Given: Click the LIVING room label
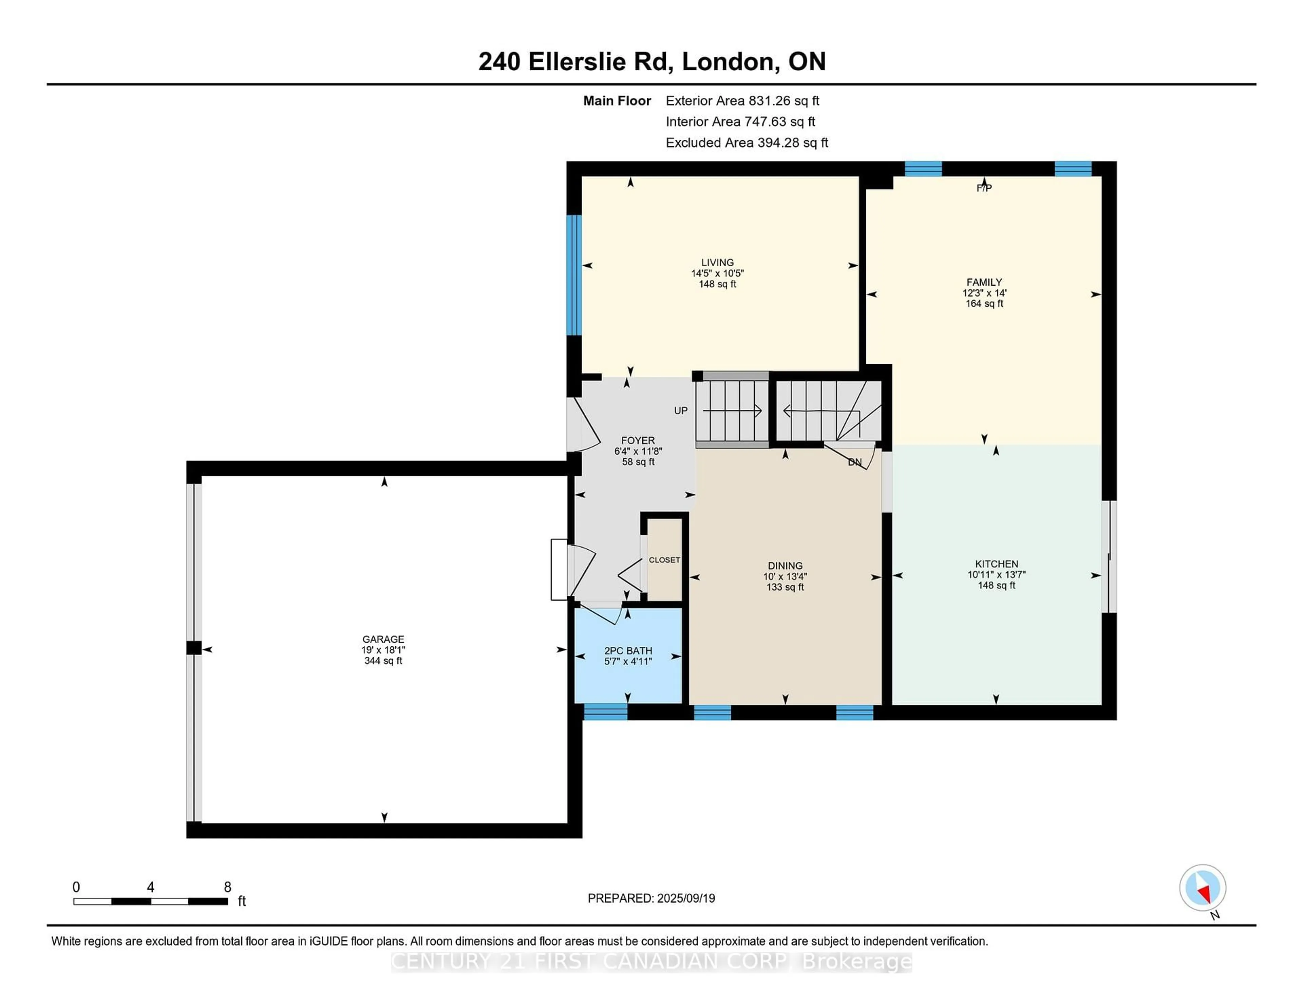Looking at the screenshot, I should click(717, 263).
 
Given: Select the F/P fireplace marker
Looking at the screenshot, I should click(984, 188).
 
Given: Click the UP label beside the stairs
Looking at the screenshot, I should click(681, 411).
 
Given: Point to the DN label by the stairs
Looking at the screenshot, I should click(854, 462).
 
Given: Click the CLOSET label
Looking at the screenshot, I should click(664, 559).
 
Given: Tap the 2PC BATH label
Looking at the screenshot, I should click(628, 651).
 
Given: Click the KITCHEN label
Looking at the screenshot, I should click(996, 564).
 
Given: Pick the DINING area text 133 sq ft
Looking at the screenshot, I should click(785, 587).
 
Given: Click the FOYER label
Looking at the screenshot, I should click(638, 440).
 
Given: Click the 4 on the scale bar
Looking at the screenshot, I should click(150, 887).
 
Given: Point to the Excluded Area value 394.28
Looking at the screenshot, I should click(792, 142).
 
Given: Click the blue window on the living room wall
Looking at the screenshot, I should click(573, 275).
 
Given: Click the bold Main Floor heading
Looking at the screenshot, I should click(617, 101).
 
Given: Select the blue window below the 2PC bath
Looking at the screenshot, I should click(605, 712).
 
